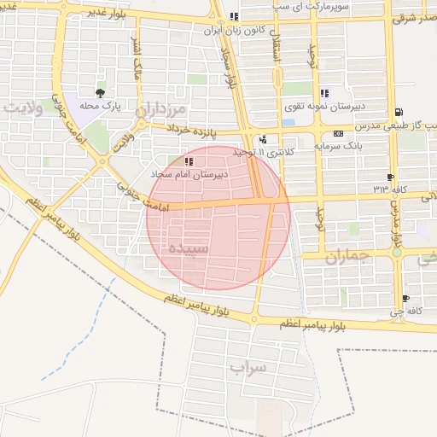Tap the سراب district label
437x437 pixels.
(x=248, y=367)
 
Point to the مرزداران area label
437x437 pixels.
(x=162, y=110)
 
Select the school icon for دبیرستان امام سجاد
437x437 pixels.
(x=189, y=160)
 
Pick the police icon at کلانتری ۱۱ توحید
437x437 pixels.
(x=263, y=140)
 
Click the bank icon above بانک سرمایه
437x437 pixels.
(x=339, y=133)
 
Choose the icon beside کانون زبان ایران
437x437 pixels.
(x=234, y=16)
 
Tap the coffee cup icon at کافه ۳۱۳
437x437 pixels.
(x=391, y=177)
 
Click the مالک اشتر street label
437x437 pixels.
(x=133, y=61)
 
